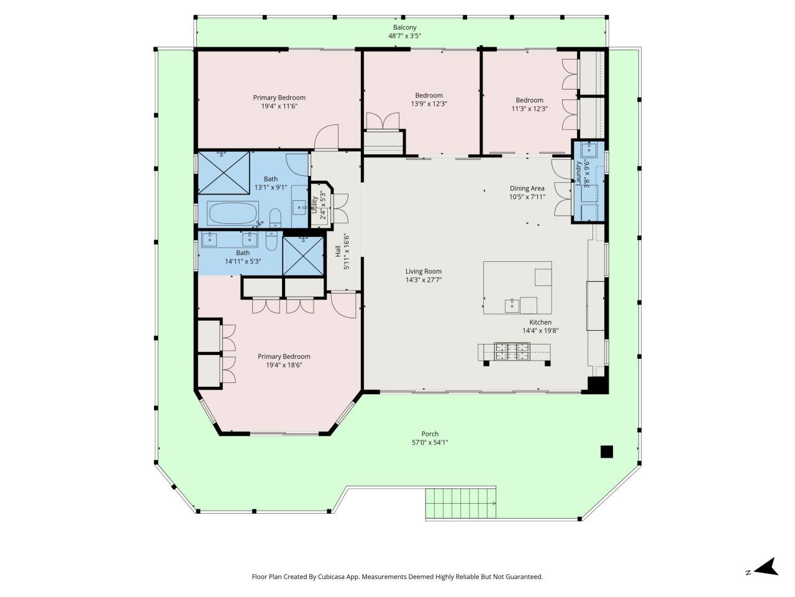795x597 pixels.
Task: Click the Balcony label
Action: point(404,27)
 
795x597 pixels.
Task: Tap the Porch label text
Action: point(430,434)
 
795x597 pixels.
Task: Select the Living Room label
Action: point(424,271)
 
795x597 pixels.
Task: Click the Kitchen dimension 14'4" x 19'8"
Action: point(540,331)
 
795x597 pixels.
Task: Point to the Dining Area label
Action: point(527,188)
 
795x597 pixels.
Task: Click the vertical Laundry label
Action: point(579,174)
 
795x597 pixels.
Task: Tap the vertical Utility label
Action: point(315,205)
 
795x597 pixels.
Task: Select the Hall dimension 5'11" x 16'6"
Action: point(347,251)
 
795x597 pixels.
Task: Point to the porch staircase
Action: point(460,504)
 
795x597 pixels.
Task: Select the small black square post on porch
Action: point(606,451)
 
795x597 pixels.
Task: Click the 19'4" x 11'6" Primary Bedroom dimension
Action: point(279,106)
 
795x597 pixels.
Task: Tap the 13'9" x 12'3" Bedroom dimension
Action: point(429,104)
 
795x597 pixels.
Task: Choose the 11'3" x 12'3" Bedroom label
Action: point(529,100)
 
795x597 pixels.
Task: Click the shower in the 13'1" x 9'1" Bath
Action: point(224,172)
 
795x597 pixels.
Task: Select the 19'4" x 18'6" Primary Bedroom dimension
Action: point(284,365)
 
